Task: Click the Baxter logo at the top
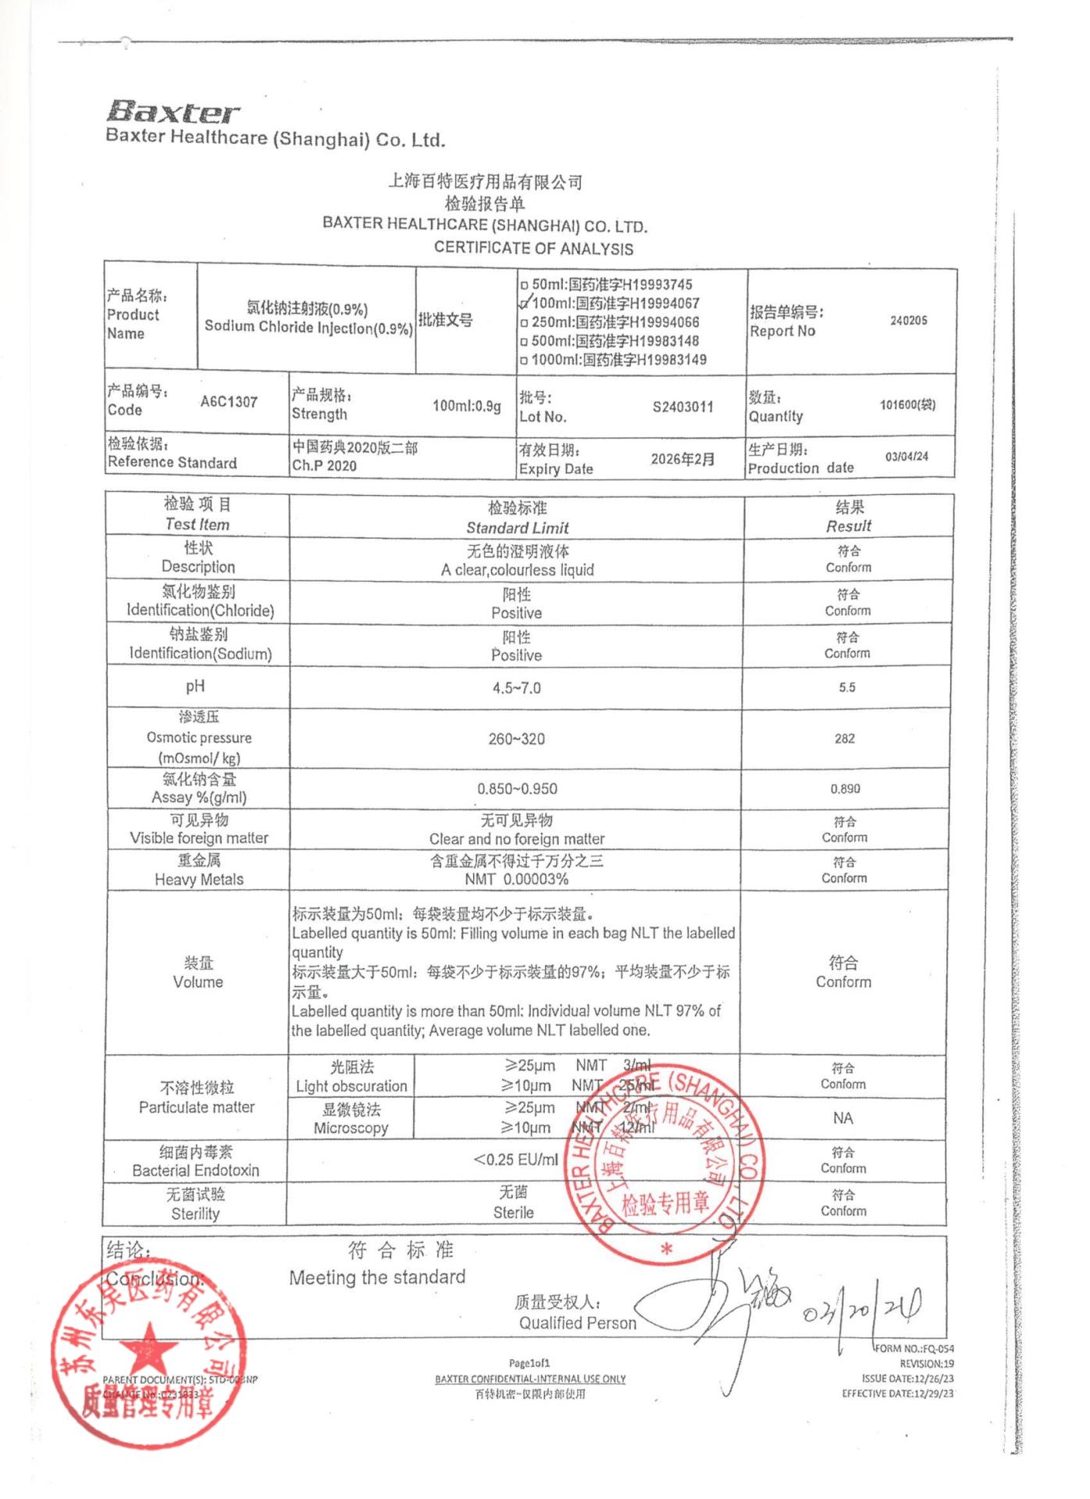click(173, 112)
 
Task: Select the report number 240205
click(908, 320)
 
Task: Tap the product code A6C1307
click(229, 402)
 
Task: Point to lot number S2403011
click(682, 407)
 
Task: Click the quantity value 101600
click(907, 404)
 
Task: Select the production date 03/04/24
click(907, 456)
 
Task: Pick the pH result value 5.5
click(847, 687)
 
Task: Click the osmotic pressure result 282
click(845, 739)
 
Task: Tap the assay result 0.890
click(845, 789)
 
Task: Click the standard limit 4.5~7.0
click(516, 688)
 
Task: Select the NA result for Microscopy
click(842, 1118)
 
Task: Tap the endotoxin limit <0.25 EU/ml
click(515, 1159)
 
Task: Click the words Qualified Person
click(577, 1323)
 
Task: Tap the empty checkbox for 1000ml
click(524, 361)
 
